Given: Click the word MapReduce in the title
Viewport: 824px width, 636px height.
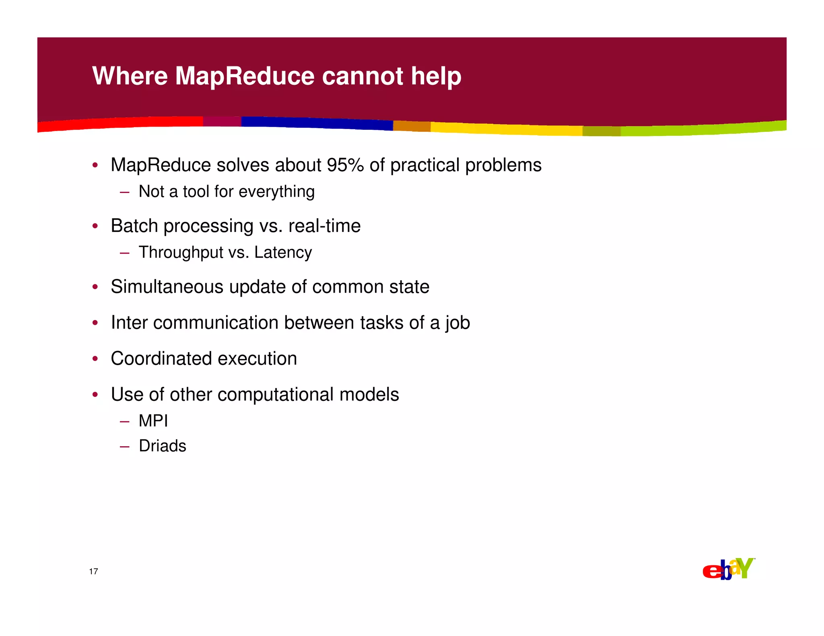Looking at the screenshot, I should (244, 76).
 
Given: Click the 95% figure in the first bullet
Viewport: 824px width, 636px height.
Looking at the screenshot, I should (345, 165).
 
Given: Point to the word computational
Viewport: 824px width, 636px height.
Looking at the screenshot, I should (275, 394).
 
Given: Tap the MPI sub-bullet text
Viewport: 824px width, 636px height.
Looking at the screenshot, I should (153, 421).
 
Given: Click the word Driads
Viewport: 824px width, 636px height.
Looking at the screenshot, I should (162, 446).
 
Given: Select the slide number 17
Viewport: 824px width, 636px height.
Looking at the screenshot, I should (93, 571).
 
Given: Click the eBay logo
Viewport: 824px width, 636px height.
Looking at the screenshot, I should (728, 569).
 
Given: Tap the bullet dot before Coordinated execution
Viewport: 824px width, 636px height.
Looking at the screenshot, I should (95, 359).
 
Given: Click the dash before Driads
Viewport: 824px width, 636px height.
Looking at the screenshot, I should (124, 446).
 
